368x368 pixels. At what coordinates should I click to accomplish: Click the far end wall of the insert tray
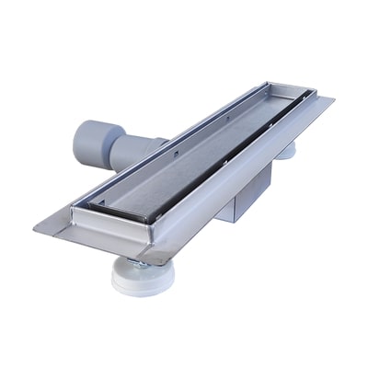(x=282, y=93)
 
